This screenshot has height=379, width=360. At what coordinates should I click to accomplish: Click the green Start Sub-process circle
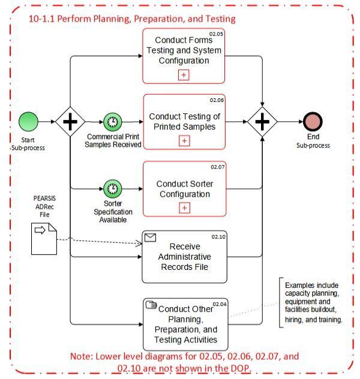(x=28, y=122)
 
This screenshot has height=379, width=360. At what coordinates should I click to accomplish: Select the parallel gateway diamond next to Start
(x=70, y=122)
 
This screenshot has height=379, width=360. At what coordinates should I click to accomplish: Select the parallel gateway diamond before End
(x=262, y=122)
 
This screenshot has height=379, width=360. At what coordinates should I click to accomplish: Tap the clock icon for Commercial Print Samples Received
(x=112, y=122)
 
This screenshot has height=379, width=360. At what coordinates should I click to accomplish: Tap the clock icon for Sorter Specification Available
(x=112, y=189)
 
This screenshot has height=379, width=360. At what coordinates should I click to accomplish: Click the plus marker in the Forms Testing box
(x=184, y=75)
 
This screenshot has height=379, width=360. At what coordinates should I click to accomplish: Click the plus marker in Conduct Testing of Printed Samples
(x=184, y=141)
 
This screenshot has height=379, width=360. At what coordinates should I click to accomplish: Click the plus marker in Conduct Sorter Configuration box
(x=184, y=208)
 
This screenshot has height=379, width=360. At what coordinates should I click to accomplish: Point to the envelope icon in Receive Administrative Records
(x=151, y=237)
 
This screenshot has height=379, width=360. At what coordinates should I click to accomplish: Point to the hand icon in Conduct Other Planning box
(x=151, y=305)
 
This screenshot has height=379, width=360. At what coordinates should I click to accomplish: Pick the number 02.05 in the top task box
(x=216, y=34)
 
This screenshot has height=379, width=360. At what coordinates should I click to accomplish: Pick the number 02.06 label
(x=217, y=100)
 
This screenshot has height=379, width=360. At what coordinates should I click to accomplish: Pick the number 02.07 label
(x=217, y=167)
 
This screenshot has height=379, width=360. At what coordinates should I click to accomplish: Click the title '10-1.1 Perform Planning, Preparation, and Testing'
(x=132, y=19)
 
